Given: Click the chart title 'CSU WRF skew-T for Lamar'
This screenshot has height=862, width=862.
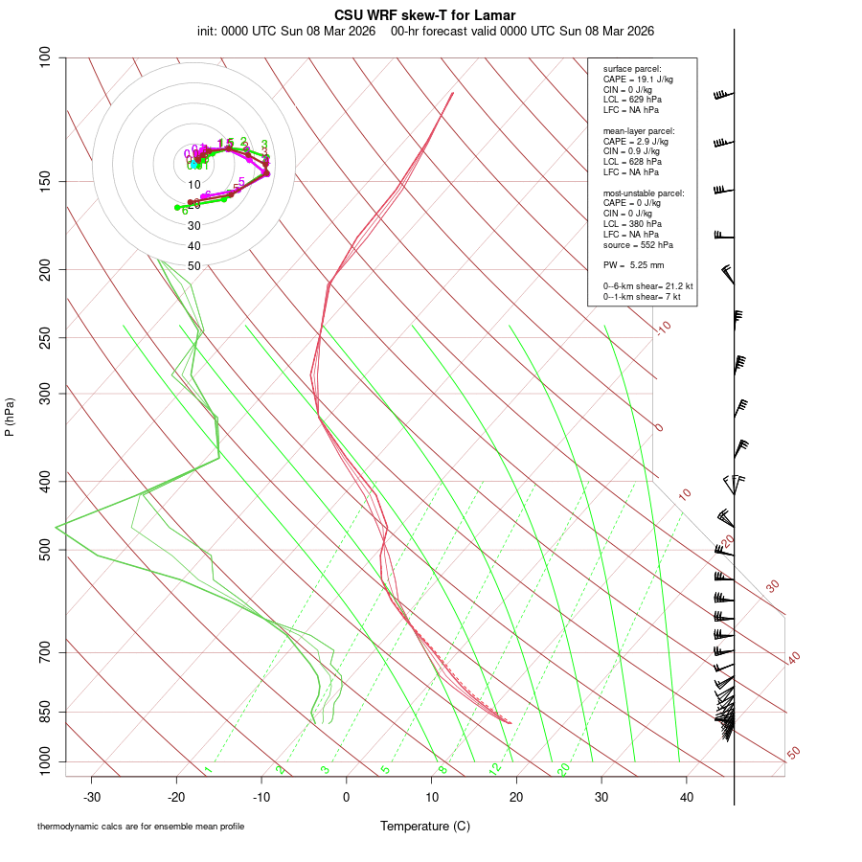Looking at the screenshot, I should tap(425, 15).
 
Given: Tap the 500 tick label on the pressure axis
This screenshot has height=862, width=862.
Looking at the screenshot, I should tap(44, 550).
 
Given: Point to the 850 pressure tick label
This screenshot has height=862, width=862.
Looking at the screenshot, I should tap(44, 713).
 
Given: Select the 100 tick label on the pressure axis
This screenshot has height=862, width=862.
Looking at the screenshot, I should tap(44, 57).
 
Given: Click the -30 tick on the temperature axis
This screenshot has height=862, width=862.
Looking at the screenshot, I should tap(92, 797).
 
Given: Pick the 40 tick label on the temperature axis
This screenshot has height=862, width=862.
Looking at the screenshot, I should tap(687, 797).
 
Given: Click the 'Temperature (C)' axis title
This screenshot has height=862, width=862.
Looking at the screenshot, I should tap(424, 826).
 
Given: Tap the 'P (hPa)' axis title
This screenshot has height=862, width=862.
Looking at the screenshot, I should tap(10, 417).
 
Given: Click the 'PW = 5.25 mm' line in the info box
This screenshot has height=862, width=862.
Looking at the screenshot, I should tap(633, 265).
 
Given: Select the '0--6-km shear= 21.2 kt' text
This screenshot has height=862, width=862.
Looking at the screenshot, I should tap(647, 286).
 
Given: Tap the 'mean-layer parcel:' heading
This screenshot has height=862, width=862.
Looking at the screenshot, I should tap(638, 131).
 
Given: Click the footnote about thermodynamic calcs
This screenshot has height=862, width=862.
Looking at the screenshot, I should tap(141, 826).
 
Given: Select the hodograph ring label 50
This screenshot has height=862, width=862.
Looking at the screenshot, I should tap(194, 266).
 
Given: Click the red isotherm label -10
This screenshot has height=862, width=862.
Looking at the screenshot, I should tap(662, 328).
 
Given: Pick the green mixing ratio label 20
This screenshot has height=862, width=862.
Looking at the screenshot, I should tap(564, 769).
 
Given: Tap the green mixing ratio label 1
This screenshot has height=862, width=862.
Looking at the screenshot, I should tap(208, 770).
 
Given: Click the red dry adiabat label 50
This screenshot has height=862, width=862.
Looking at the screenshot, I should tap(793, 753).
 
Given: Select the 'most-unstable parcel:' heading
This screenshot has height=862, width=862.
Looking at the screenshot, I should tap(643, 193).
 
